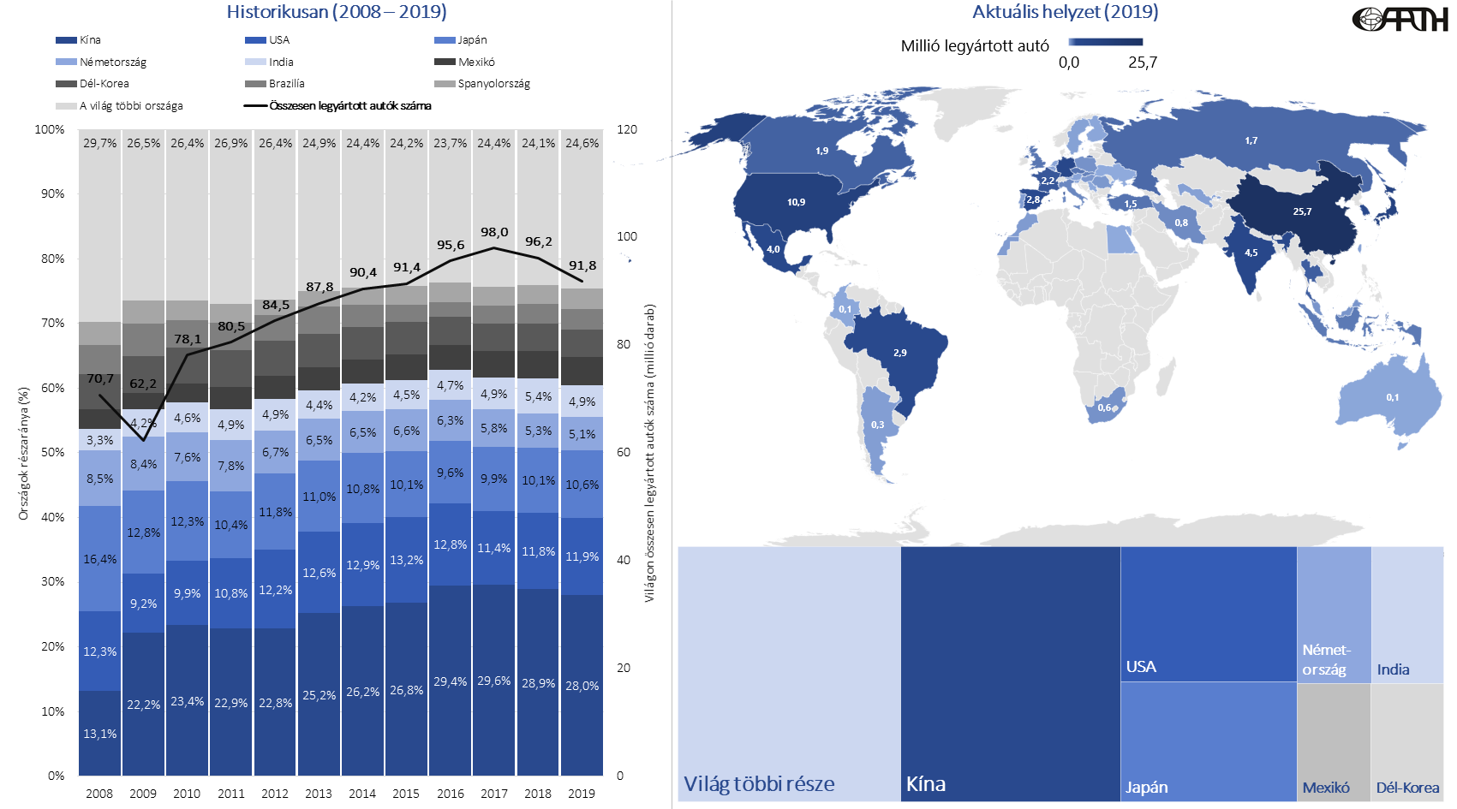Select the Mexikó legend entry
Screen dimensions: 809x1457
475,62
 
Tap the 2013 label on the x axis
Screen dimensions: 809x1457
319,794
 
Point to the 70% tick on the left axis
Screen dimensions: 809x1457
53,324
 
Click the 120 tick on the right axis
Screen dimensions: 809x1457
627,129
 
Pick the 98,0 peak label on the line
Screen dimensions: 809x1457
494,232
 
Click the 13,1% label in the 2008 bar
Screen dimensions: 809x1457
99,734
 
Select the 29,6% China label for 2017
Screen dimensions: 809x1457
494,681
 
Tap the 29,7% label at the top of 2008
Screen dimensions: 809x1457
99,143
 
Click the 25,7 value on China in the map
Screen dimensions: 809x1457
1302,211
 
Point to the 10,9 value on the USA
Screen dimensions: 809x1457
797,203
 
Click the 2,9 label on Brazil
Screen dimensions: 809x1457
899,353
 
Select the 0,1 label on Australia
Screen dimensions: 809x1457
1393,397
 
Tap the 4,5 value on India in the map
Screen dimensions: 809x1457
1251,253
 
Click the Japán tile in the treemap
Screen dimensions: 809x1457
1208,741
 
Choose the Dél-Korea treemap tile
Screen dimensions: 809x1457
1407,741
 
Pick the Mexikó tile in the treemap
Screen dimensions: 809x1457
1334,741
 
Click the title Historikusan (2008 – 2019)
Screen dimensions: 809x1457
337,12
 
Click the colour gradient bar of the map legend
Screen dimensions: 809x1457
1105,42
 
